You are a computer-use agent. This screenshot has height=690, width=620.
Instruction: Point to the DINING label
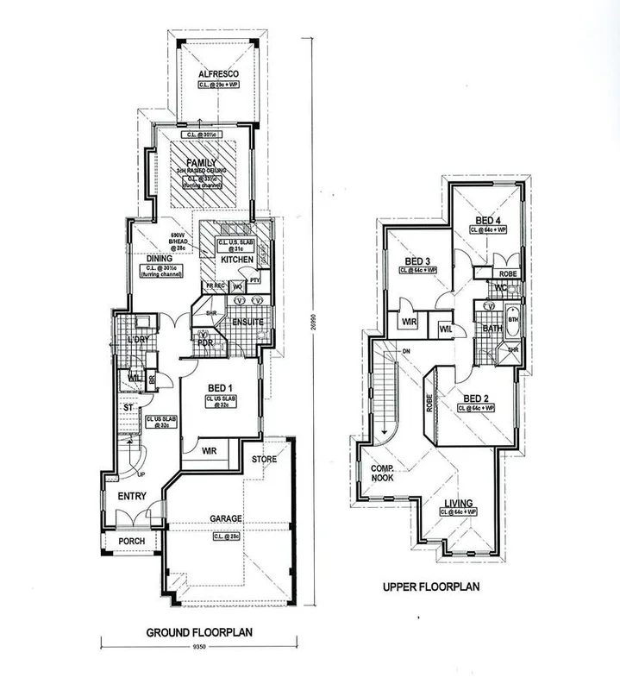(x=160, y=258)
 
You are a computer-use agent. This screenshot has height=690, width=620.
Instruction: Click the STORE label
(x=265, y=460)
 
